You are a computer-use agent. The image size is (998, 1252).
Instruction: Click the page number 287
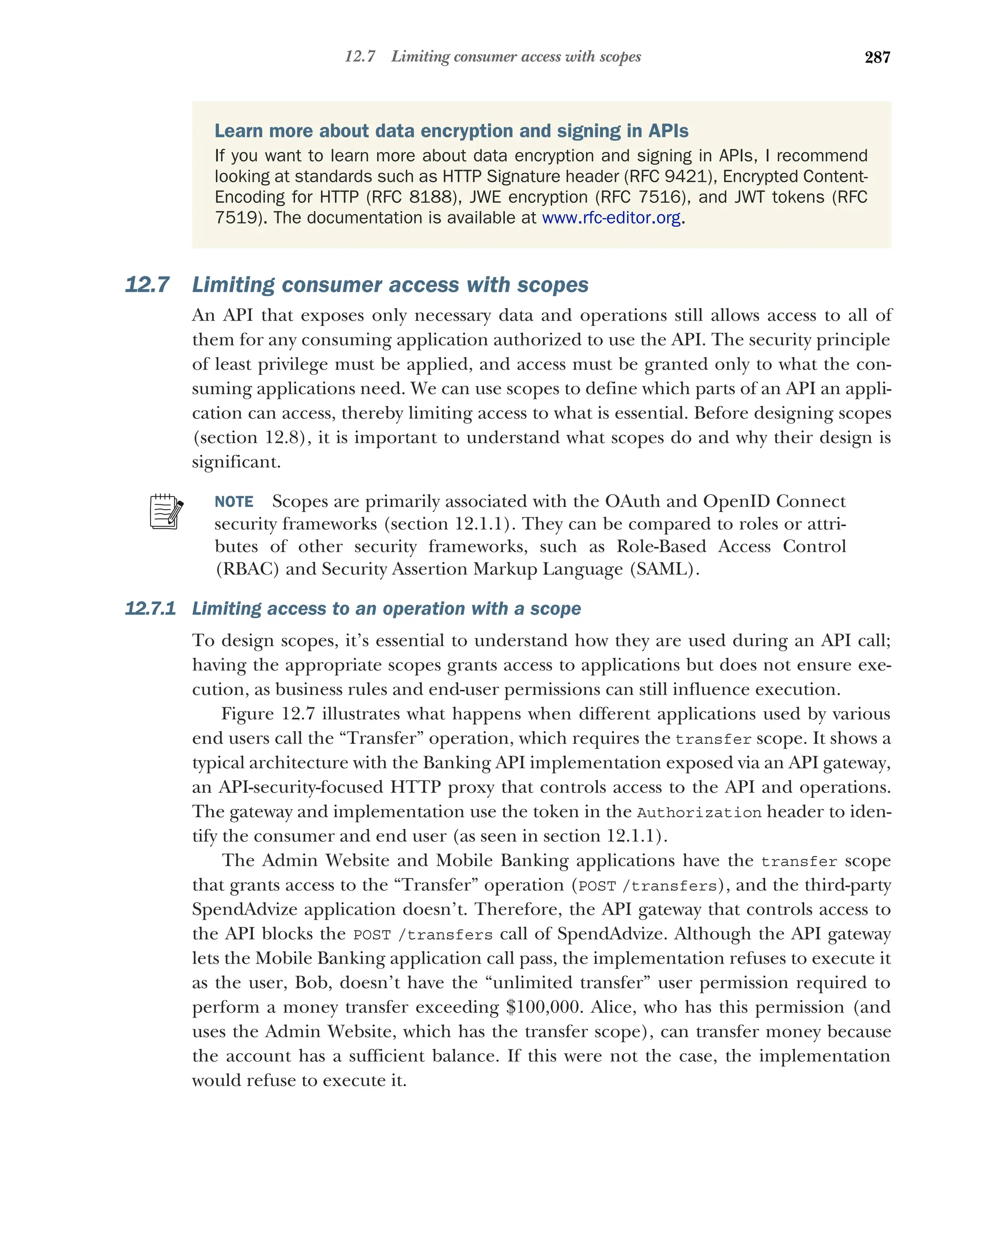pos(877,57)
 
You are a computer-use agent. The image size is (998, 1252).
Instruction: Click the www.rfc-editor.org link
pos(611,218)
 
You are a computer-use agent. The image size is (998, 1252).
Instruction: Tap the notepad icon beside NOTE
pos(166,512)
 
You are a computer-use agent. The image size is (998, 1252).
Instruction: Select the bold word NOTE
pos(234,502)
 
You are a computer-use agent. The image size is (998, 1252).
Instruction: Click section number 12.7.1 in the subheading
pos(150,609)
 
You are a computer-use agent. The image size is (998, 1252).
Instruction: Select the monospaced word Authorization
pos(698,812)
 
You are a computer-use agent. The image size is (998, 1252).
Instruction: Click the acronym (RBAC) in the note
pos(248,569)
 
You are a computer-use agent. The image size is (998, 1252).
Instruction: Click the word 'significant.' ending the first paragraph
pos(236,462)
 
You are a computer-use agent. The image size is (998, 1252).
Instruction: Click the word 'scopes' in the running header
pos(620,57)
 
